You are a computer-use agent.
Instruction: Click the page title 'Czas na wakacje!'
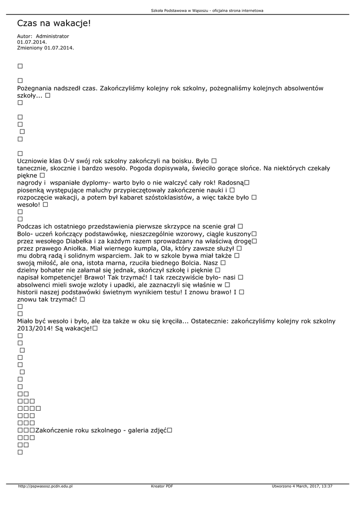click(x=54, y=23)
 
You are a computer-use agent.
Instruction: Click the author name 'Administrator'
click(x=53, y=37)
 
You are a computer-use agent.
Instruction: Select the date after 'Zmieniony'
click(x=59, y=48)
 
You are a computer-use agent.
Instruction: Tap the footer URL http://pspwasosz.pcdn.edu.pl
click(x=45, y=486)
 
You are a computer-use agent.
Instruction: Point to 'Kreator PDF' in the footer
click(x=162, y=486)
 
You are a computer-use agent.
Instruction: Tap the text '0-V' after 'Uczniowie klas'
click(x=79, y=161)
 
